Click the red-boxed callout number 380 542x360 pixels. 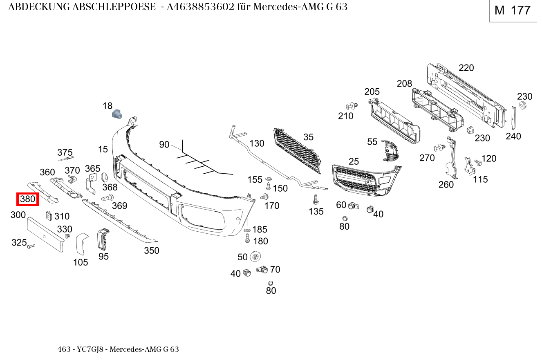(x=27, y=199)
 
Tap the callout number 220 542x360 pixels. (x=466, y=68)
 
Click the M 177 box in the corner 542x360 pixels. (x=513, y=11)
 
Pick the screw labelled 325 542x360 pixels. (x=31, y=246)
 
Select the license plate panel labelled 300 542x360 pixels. (x=45, y=235)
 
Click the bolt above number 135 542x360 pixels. (x=316, y=200)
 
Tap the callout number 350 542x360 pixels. (x=151, y=250)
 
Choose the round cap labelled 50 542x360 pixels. (x=255, y=257)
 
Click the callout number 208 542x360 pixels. (x=404, y=84)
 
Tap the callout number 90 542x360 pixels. (x=164, y=145)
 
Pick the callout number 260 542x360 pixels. (x=446, y=184)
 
